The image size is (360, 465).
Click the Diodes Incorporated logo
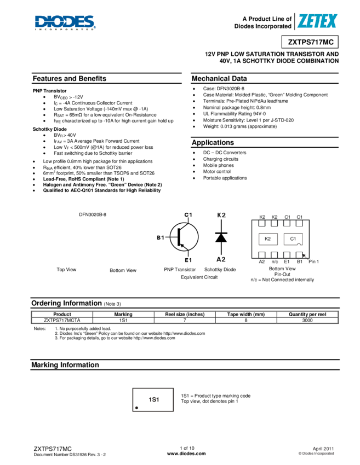(x=65, y=22)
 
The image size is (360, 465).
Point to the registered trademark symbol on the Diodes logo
(x=94, y=27)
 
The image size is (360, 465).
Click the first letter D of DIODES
(x=41, y=21)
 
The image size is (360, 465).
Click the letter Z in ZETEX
(x=302, y=21)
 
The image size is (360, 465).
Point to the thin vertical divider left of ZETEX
(x=294, y=21)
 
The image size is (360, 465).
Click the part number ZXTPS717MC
(x=310, y=42)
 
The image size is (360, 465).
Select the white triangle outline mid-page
(x=221, y=239)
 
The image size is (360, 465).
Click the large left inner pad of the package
(x=268, y=239)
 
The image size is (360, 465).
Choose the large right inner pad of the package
(x=293, y=239)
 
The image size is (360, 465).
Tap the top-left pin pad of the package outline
(x=262, y=223)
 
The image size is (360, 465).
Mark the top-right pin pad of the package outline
(x=299, y=223)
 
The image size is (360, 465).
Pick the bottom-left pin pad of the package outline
(x=262, y=254)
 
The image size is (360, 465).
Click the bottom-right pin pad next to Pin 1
(x=299, y=254)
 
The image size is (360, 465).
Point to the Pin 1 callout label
(x=313, y=261)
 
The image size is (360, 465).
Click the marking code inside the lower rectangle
(x=153, y=400)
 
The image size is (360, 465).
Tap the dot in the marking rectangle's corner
(x=136, y=408)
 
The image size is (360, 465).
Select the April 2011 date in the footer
(x=323, y=448)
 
